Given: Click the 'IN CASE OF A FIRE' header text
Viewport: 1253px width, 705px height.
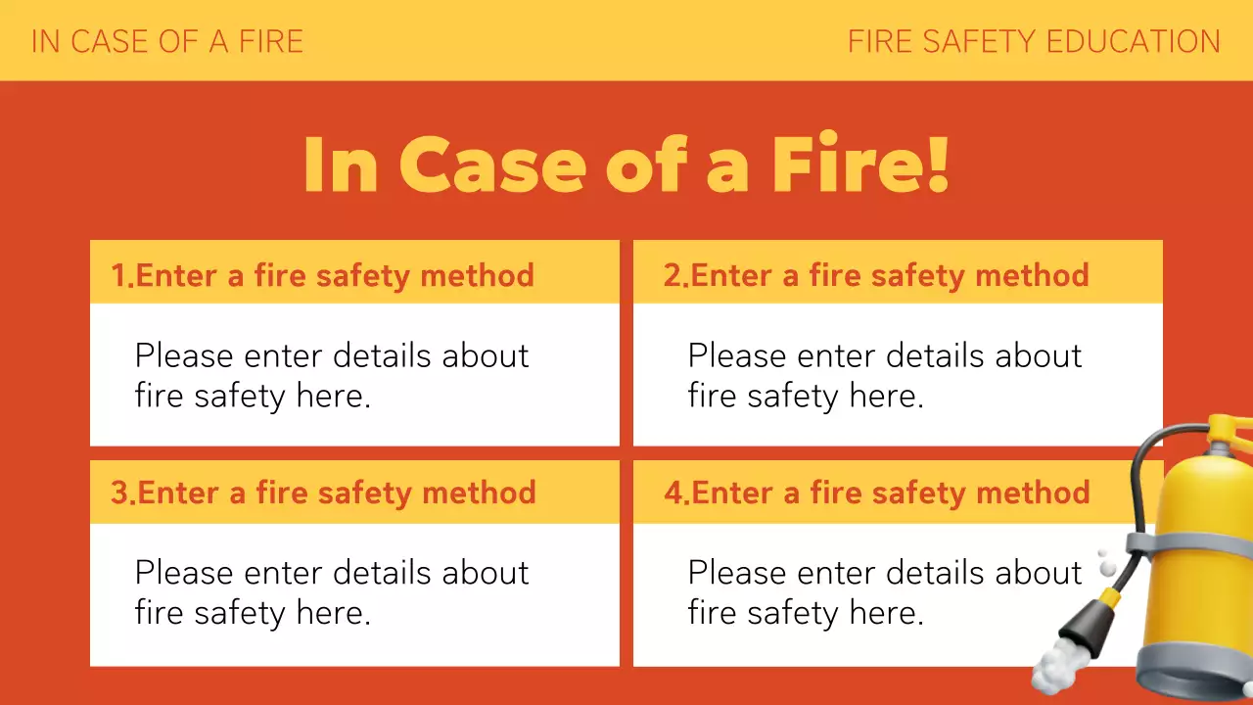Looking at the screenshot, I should click(x=167, y=41).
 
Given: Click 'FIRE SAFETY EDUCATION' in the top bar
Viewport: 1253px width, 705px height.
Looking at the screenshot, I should click(x=1034, y=41).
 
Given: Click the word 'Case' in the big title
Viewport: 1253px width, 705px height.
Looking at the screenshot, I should click(x=491, y=164).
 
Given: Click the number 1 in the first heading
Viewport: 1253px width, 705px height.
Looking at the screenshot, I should click(x=118, y=276).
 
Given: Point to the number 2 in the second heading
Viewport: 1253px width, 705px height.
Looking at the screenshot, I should click(x=673, y=276).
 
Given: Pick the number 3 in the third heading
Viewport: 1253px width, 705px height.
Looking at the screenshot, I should click(x=119, y=493).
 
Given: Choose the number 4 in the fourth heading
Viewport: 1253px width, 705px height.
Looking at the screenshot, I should click(x=673, y=493).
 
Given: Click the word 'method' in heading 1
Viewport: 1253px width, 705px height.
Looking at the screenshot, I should click(x=477, y=276).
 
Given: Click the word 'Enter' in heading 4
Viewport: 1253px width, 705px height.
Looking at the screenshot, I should click(x=734, y=493).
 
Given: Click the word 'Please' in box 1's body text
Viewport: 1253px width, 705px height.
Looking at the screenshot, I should click(x=183, y=355).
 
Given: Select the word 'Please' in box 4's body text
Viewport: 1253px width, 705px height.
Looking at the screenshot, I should click(x=736, y=572).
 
